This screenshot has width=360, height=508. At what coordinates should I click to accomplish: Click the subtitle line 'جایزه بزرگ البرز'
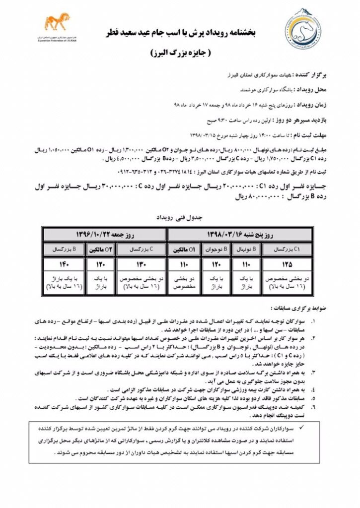180,52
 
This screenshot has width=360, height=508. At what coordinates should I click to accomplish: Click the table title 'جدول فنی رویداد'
180,218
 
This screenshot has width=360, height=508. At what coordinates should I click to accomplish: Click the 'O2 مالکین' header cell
99,249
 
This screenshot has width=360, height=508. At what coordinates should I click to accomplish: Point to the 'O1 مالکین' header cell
181,249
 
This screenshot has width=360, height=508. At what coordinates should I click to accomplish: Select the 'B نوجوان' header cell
214,249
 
